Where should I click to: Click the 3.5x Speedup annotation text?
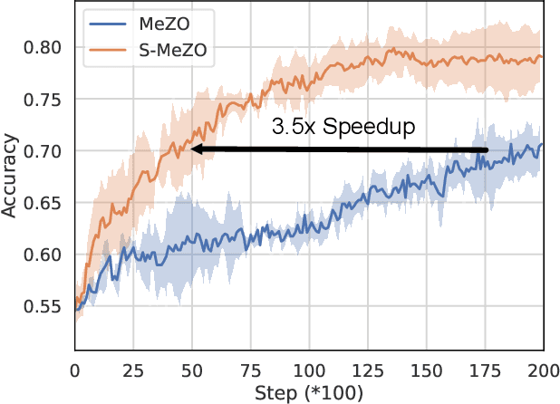coord(343,127)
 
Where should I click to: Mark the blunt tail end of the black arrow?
coord(487,149)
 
